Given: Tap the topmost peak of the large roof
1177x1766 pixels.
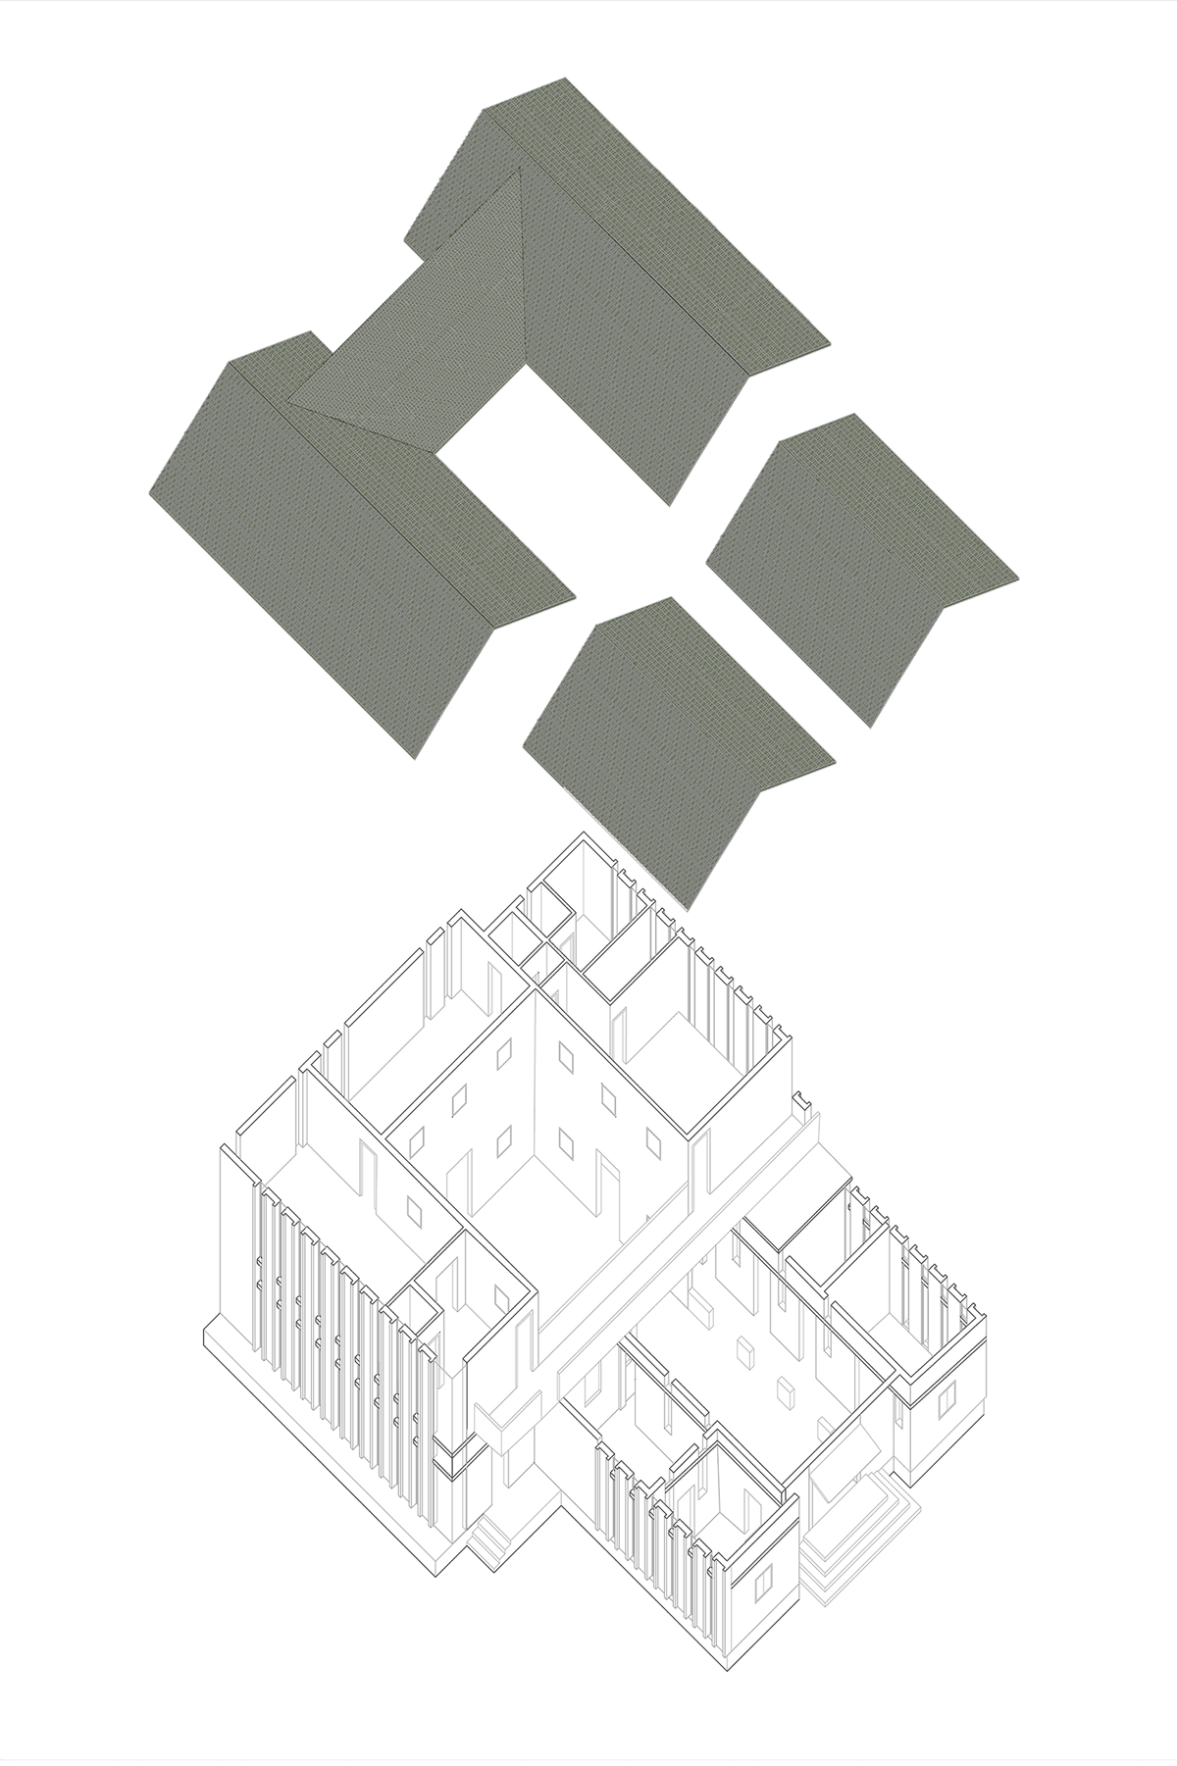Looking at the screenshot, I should (564, 78).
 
